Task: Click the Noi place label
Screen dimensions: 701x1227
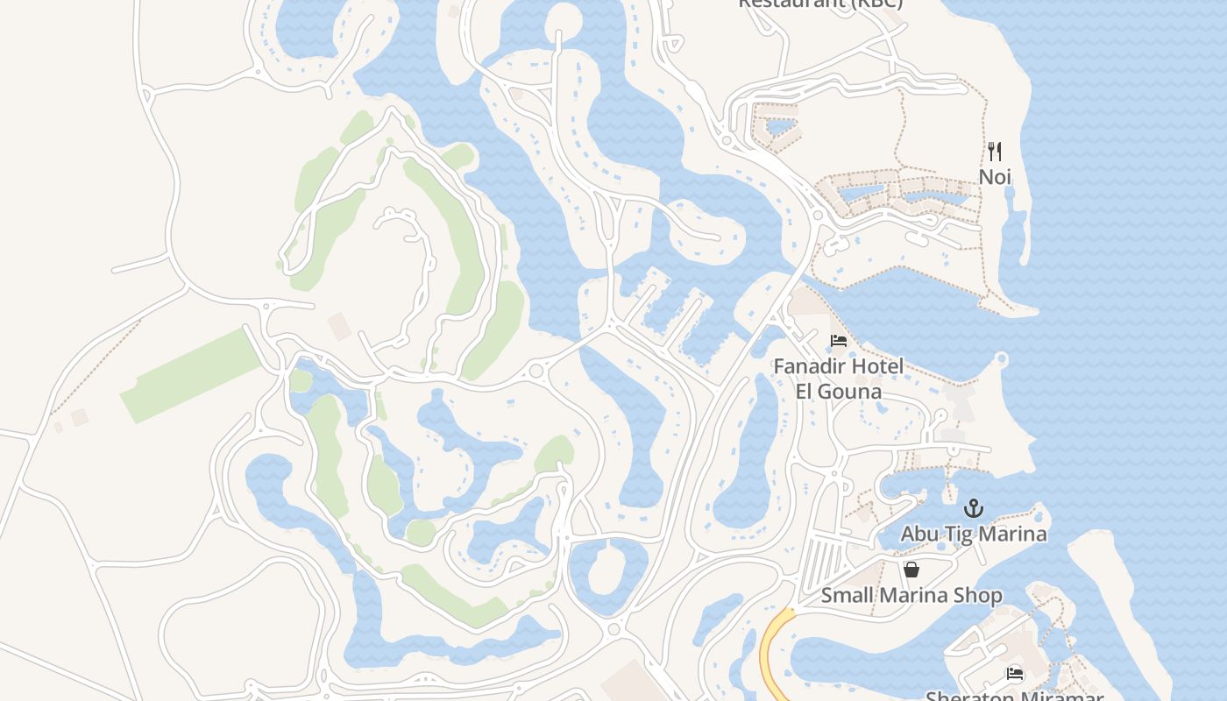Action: (x=995, y=177)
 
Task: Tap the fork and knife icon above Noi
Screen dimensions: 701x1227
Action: (x=995, y=152)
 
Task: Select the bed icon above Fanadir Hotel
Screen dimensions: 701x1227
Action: (x=839, y=340)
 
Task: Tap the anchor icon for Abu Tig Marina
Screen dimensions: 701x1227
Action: (x=973, y=508)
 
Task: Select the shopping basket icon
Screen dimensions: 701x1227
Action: (x=911, y=570)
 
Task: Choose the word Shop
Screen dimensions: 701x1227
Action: (x=980, y=596)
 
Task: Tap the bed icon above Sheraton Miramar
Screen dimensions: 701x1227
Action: (x=1015, y=674)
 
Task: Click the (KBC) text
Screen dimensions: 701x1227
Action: (x=873, y=3)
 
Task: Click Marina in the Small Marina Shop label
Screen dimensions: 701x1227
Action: (x=913, y=596)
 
